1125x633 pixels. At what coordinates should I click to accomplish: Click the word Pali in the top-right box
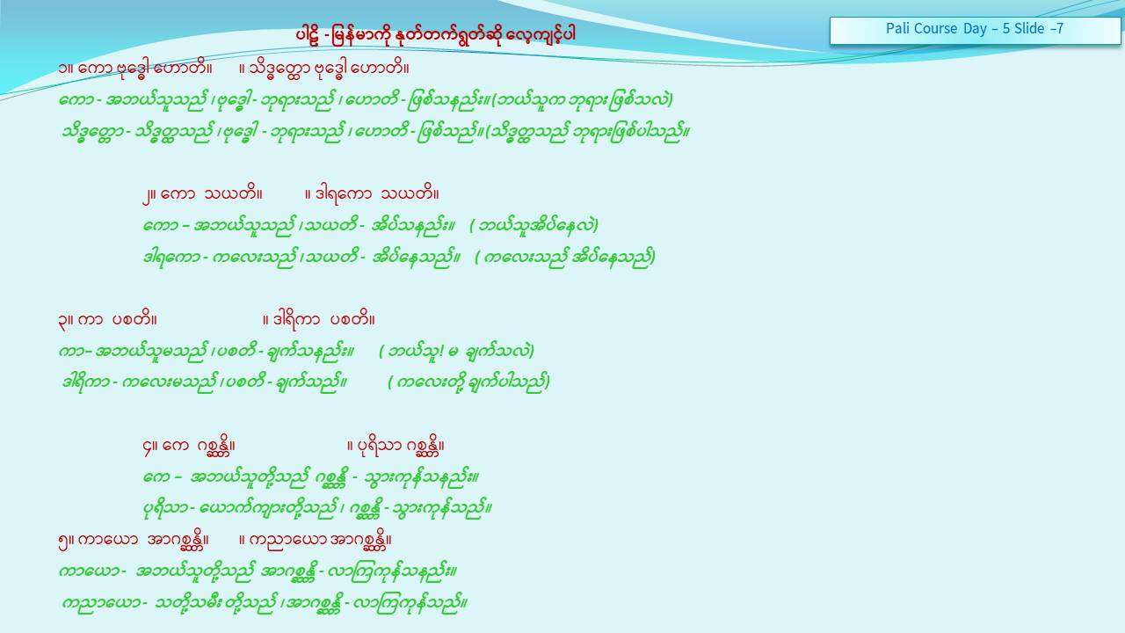click(x=896, y=29)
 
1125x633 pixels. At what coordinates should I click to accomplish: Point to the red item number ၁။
click(x=66, y=69)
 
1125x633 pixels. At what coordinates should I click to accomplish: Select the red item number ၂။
click(x=149, y=195)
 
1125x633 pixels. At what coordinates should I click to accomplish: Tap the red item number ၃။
click(x=66, y=321)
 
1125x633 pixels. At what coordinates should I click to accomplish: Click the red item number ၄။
click(x=150, y=447)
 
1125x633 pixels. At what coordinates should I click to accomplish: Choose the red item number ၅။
click(x=66, y=541)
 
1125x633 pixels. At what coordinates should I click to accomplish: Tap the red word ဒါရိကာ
click(x=296, y=320)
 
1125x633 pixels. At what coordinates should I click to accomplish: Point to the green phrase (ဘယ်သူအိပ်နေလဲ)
click(x=533, y=226)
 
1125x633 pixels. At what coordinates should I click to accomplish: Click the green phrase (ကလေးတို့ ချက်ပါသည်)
click(x=469, y=382)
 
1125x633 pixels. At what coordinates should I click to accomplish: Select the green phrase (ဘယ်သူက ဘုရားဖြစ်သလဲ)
click(x=582, y=100)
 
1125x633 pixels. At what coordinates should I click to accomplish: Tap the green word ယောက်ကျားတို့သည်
click(x=268, y=509)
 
